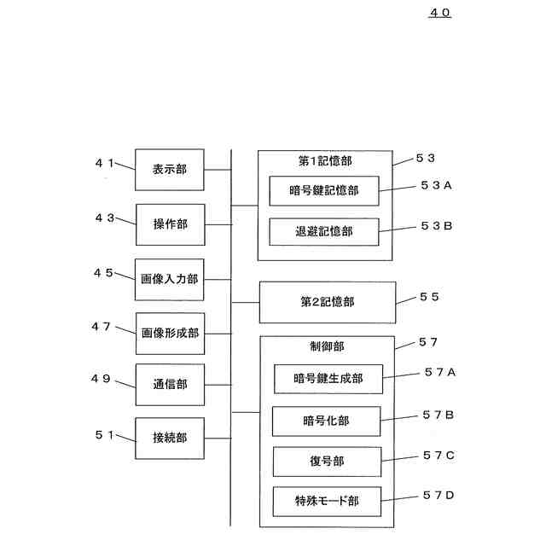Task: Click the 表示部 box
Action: click(170, 170)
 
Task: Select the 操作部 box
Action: click(170, 224)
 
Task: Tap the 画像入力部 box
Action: click(170, 279)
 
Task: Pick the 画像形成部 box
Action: click(170, 334)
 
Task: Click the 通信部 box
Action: click(170, 385)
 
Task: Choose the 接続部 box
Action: click(170, 438)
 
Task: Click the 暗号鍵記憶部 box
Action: click(323, 190)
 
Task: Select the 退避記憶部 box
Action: click(323, 231)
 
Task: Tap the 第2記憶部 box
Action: click(327, 302)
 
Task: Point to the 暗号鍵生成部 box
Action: click(328, 378)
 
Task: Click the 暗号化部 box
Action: click(326, 421)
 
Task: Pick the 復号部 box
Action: click(326, 462)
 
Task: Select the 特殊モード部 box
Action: click(326, 502)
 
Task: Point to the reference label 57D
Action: click(439, 495)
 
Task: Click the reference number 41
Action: click(104, 162)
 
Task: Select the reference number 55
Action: click(429, 296)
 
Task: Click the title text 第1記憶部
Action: click(324, 161)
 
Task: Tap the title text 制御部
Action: click(328, 346)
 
